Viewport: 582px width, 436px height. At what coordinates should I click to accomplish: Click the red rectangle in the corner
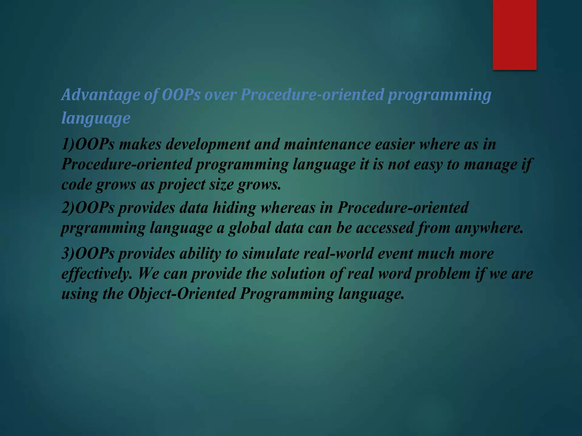pyautogui.click(x=514, y=35)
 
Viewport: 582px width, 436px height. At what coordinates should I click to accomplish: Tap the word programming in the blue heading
pyautogui.click(x=439, y=95)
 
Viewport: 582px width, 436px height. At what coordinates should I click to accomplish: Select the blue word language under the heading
pyautogui.click(x=96, y=118)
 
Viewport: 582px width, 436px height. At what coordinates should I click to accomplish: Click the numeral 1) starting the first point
pyautogui.click(x=68, y=144)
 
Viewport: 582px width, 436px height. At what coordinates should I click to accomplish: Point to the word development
pyautogui.click(x=207, y=144)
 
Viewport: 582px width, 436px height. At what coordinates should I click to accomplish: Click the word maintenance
pyautogui.click(x=327, y=144)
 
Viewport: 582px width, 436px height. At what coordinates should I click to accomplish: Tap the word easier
pyautogui.click(x=395, y=144)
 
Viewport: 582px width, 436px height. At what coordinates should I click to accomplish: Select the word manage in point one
pyautogui.click(x=490, y=165)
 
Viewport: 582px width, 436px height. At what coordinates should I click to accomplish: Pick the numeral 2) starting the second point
pyautogui.click(x=68, y=207)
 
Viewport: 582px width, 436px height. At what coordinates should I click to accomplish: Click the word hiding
pyautogui.click(x=234, y=207)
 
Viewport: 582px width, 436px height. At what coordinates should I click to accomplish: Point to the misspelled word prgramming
pyautogui.click(x=103, y=228)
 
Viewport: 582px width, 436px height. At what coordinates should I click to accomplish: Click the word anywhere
pyautogui.click(x=489, y=228)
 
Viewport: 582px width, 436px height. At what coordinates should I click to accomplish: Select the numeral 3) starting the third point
pyautogui.click(x=68, y=253)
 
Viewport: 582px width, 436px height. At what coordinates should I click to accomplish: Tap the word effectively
pyautogui.click(x=97, y=274)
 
